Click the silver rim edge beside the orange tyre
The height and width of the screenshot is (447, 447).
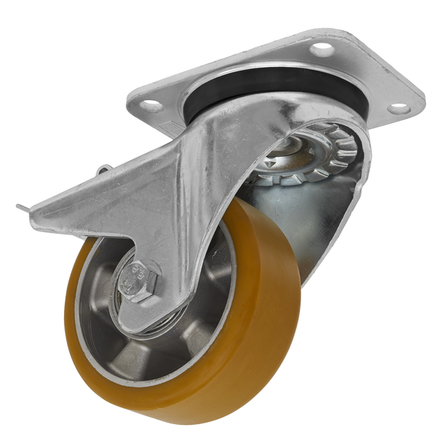[x=88, y=346]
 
